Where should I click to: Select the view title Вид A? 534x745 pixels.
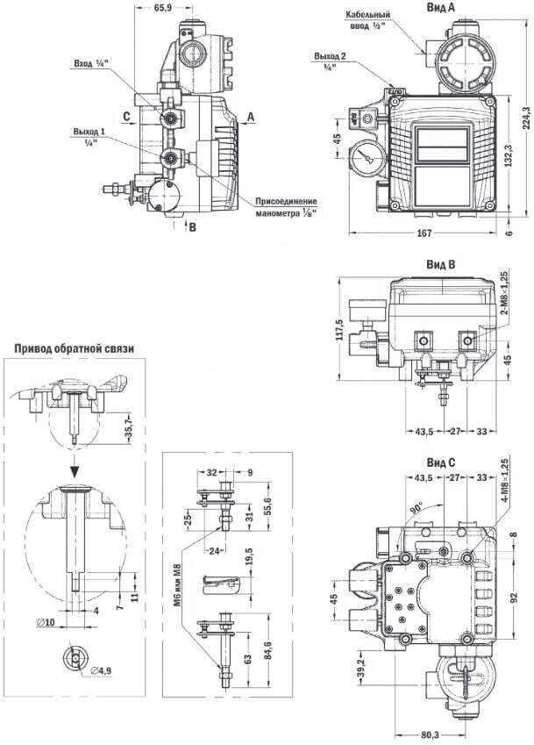coord(440,7)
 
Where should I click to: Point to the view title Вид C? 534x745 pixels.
coord(440,462)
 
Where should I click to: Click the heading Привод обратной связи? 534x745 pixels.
coord(74,348)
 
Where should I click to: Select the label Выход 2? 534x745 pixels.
coord(329,60)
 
